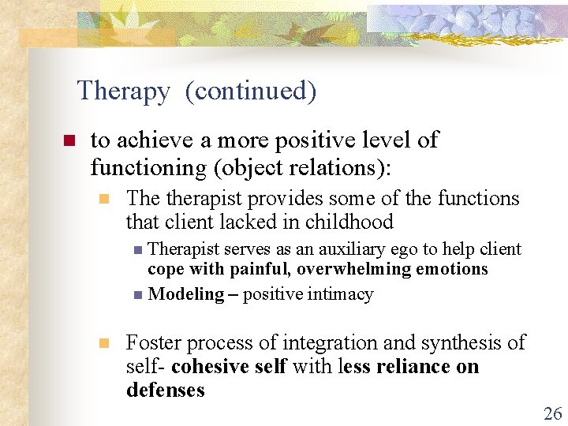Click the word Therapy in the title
(123, 92)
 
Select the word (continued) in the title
(251, 92)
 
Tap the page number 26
(552, 413)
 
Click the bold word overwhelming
(358, 269)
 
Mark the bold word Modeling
(186, 294)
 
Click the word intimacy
(341, 294)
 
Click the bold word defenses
(166, 390)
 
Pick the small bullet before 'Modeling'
(138, 295)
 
